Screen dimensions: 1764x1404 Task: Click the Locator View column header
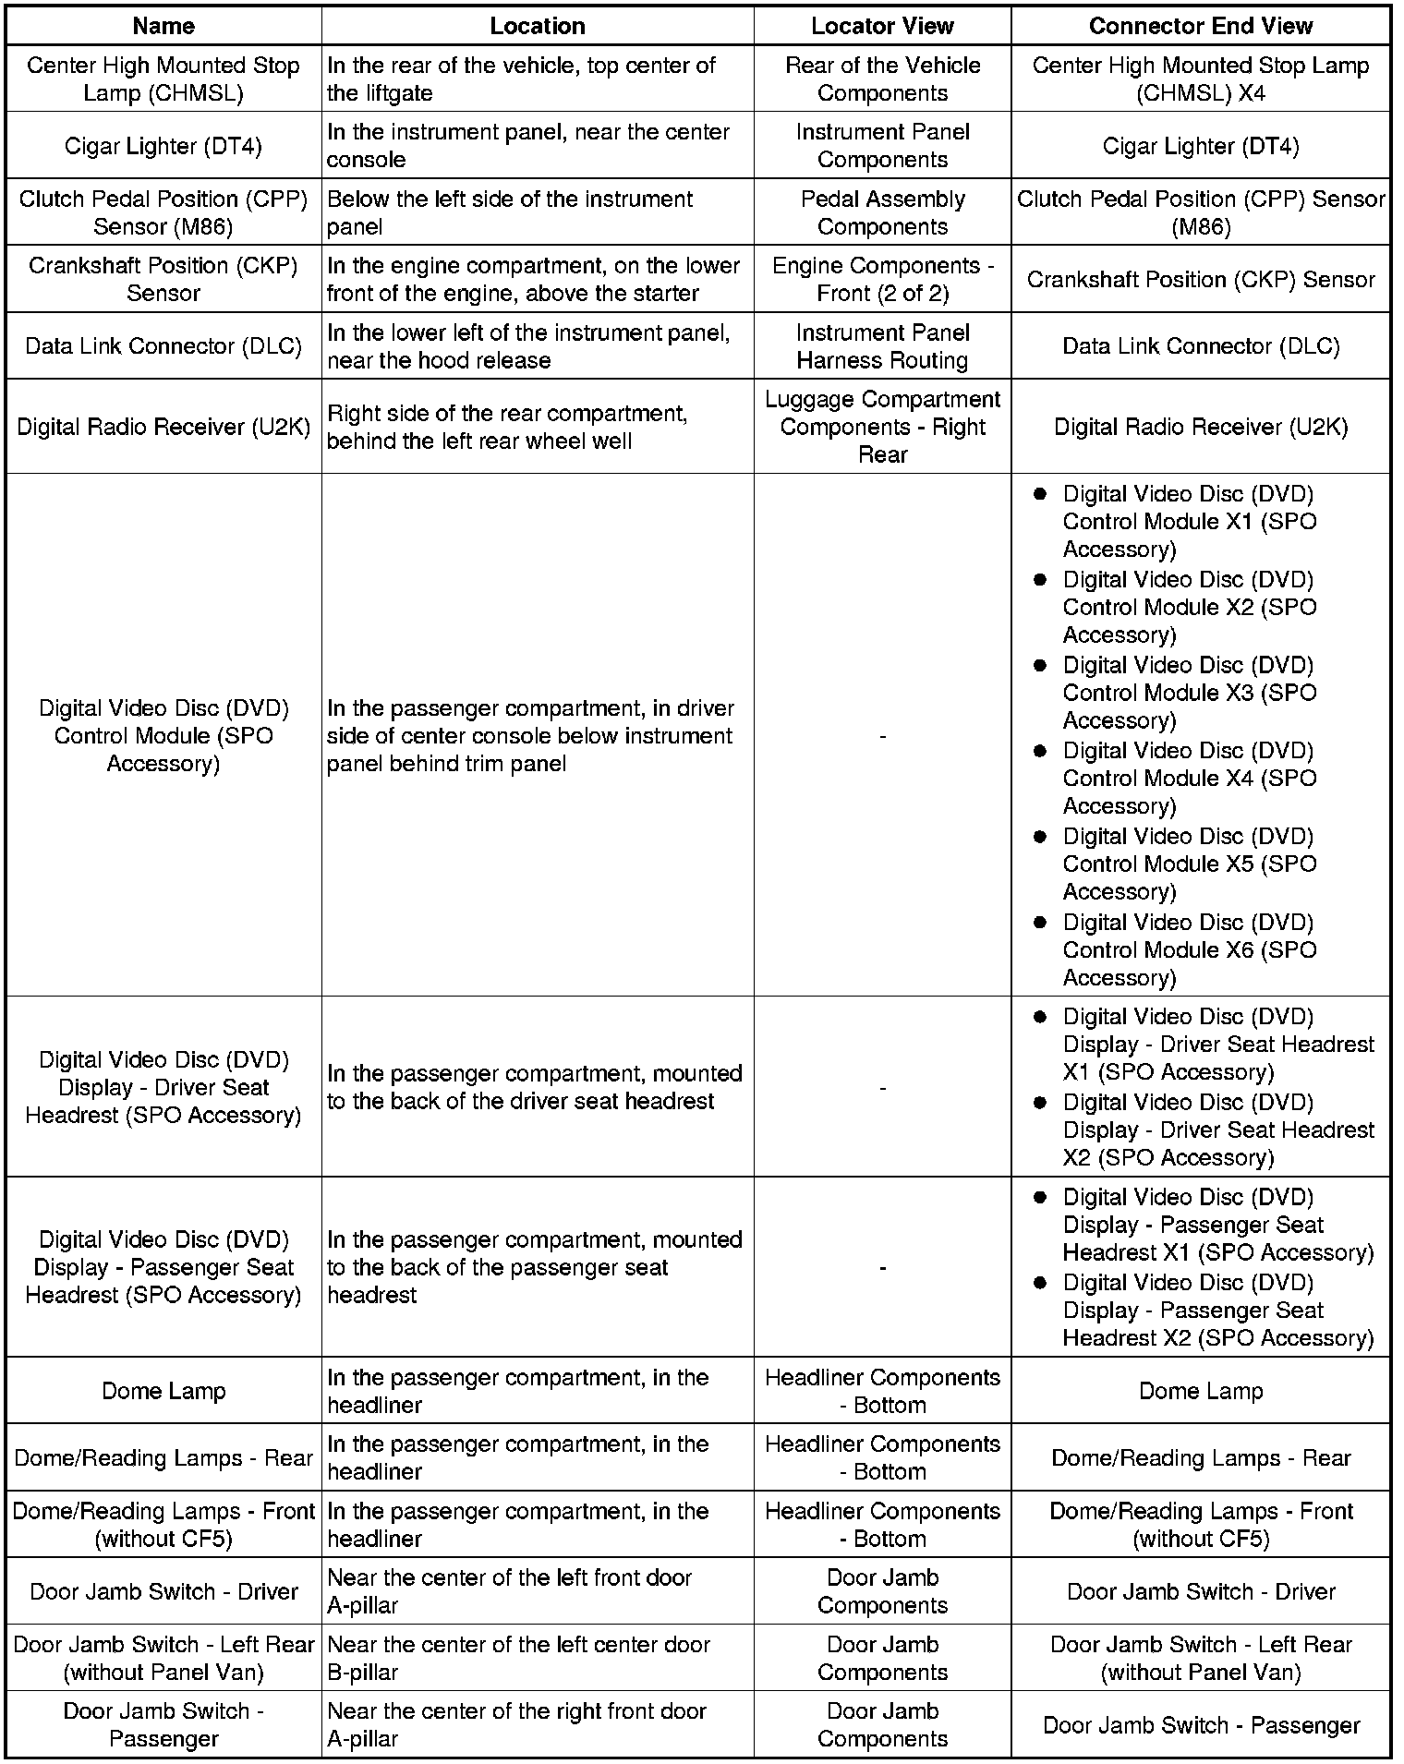click(882, 26)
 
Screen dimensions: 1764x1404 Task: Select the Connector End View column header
click(1200, 26)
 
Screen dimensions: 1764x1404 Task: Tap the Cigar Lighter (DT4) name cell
click(163, 146)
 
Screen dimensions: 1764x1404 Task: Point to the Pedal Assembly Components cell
click(882, 212)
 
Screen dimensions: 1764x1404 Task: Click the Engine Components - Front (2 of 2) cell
click(882, 279)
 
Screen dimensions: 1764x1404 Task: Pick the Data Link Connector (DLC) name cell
click(163, 345)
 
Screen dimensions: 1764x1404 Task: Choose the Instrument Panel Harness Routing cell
click(882, 346)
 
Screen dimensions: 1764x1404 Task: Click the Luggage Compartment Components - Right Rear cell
click(882, 427)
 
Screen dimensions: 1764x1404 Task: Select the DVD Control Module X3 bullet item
click(1189, 693)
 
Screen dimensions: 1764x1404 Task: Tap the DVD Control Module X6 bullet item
click(1189, 949)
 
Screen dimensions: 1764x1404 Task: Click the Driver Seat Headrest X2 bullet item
click(1217, 1130)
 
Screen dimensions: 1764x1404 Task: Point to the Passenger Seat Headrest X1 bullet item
click(1217, 1225)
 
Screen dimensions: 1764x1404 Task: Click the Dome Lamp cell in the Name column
click(163, 1391)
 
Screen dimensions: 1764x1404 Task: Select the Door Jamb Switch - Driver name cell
click(163, 1591)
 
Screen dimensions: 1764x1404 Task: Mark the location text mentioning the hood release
click(528, 346)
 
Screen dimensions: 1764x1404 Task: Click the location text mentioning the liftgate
click(521, 79)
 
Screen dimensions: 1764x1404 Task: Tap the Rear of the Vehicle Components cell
click(882, 79)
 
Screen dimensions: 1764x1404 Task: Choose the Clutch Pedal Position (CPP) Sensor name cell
click(163, 212)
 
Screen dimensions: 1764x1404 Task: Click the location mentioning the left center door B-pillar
click(518, 1658)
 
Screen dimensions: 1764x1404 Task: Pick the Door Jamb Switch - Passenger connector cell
click(1200, 1725)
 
